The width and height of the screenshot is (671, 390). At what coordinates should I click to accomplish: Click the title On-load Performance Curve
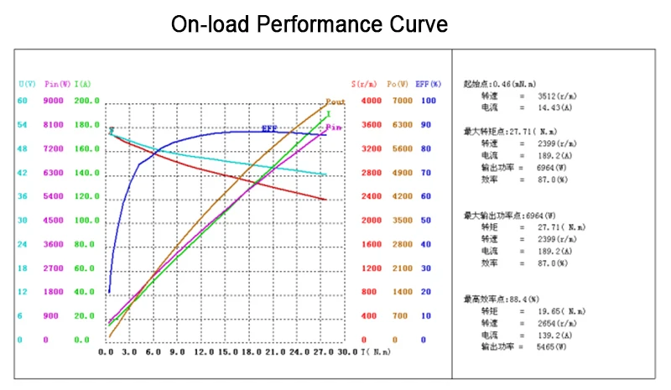pos(309,23)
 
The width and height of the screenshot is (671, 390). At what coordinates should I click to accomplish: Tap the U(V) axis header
pos(27,84)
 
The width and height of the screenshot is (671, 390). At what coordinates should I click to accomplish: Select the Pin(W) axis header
pos(56,84)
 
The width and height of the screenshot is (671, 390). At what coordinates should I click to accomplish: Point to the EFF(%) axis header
pos(429,84)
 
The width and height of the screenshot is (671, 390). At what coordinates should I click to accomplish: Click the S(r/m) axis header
pos(364,84)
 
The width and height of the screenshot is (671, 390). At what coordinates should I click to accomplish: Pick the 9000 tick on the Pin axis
pos(54,101)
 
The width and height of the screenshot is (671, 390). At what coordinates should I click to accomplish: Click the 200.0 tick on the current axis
pos(87,101)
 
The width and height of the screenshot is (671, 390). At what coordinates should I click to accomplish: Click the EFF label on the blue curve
pos(269,128)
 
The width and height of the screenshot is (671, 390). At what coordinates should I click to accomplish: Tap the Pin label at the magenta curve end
pos(334,127)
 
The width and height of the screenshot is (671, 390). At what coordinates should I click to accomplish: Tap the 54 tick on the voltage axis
pos(23,125)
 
